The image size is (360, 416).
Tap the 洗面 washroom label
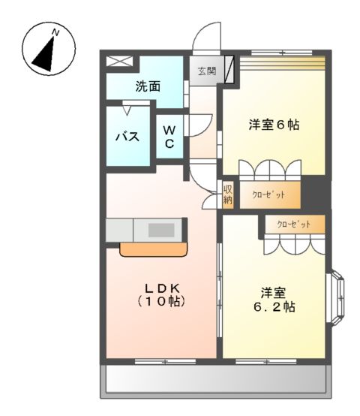pyautogui.click(x=147, y=86)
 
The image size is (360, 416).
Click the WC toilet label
pyautogui.click(x=169, y=136)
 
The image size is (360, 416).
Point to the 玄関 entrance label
pyautogui.click(x=207, y=72)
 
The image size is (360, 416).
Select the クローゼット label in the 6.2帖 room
pyautogui.click(x=293, y=224)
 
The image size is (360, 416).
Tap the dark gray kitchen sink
pyautogui.click(x=160, y=229)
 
